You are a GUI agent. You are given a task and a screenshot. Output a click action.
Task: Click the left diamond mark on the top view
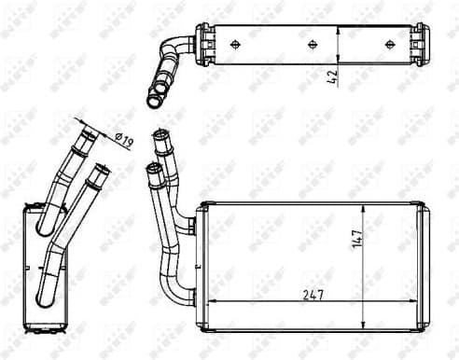[234, 43]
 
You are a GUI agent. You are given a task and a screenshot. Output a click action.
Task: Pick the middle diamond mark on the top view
[311, 43]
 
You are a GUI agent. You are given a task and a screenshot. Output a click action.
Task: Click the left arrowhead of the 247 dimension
[209, 301]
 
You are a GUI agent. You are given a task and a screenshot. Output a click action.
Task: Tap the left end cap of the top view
[202, 43]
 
